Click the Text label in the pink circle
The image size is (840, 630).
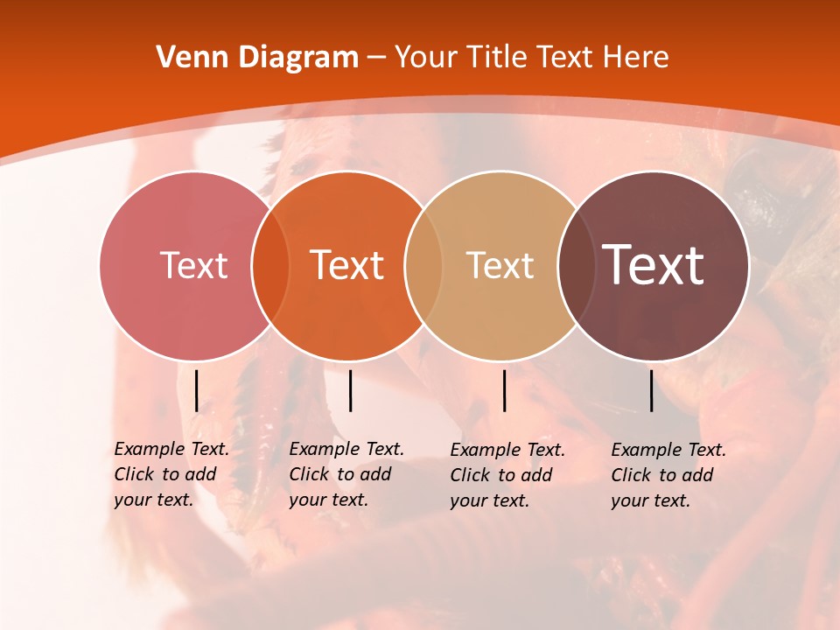[193, 265]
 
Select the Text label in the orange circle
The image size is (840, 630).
[347, 265]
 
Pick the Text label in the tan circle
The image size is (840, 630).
[500, 265]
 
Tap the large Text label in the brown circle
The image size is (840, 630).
[654, 265]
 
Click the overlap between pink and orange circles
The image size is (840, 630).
[270, 266]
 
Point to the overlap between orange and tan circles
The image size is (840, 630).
[423, 266]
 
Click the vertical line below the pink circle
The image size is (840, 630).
[197, 390]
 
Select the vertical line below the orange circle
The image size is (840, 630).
[350, 390]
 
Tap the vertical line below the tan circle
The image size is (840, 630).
[504, 390]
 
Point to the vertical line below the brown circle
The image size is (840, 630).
[652, 390]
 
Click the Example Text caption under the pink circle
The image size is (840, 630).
[171, 474]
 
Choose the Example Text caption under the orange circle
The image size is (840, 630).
[346, 474]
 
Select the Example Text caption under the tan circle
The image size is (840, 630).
[507, 475]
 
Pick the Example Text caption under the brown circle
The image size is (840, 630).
[668, 475]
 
